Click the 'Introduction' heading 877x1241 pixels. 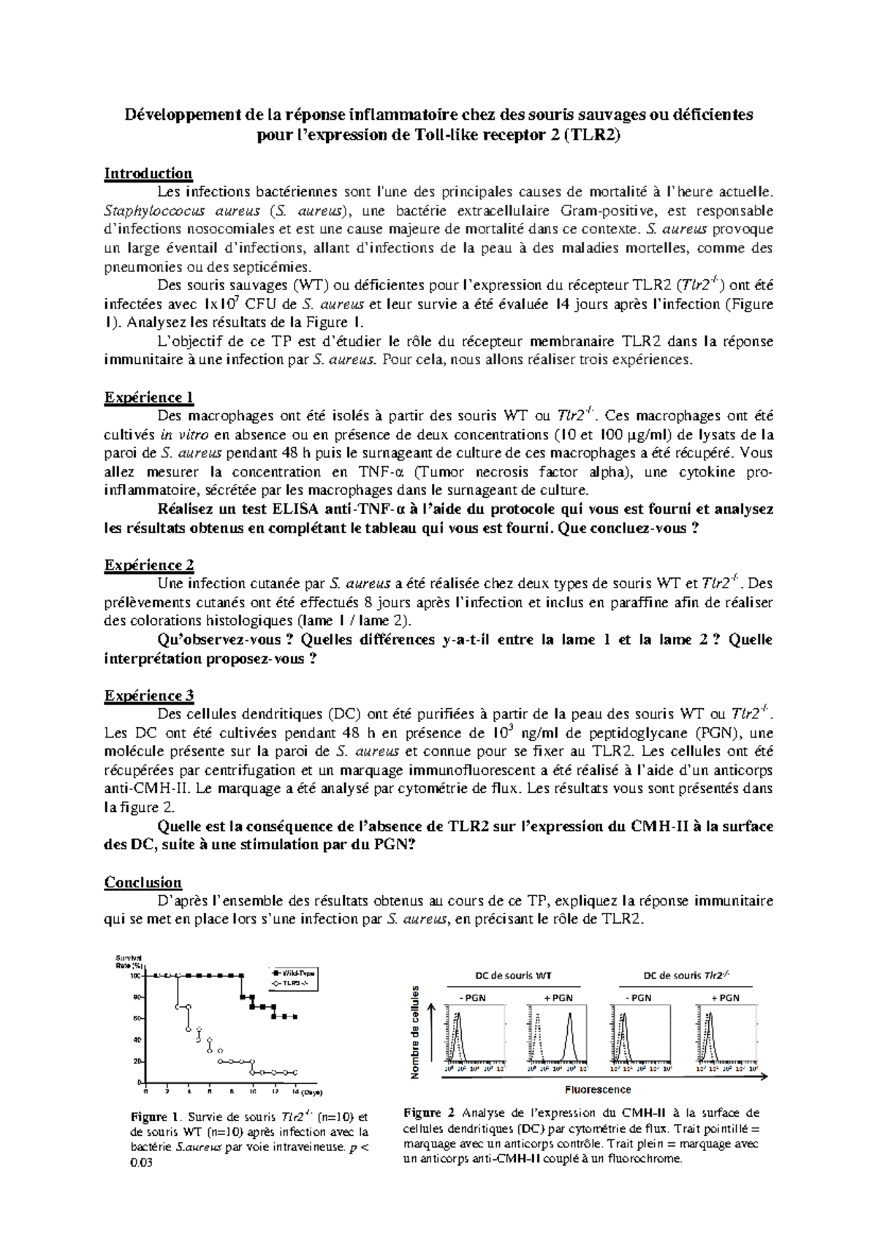tap(148, 173)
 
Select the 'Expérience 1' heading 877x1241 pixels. tap(149, 397)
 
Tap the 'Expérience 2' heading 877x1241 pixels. tap(149, 565)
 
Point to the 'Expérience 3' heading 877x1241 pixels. tap(149, 695)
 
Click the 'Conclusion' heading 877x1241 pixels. tap(143, 882)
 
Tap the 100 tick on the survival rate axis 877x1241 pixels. tap(136, 976)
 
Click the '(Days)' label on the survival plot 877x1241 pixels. tap(311, 1093)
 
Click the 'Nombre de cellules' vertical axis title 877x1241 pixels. tap(415, 1032)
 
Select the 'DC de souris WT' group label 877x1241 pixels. tap(514, 975)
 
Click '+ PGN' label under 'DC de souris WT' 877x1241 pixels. tap(558, 998)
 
